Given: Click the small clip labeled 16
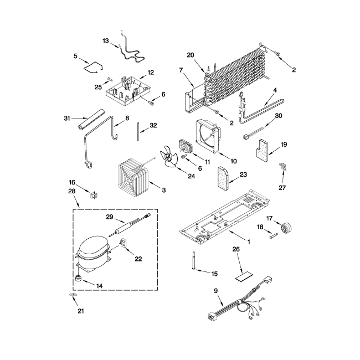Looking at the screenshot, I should pyautogui.click(x=94, y=193).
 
